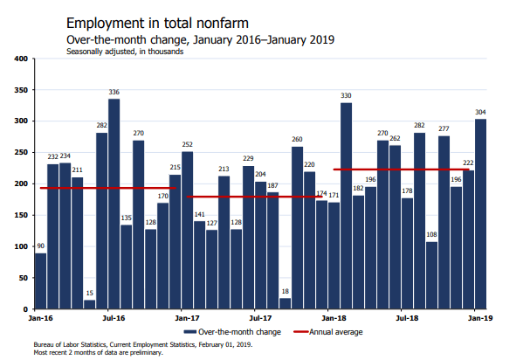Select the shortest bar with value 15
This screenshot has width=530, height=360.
click(x=90, y=305)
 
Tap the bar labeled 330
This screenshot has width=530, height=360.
click(x=347, y=206)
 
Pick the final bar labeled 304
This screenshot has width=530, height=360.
click(x=481, y=214)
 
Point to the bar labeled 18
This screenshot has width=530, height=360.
click(x=286, y=304)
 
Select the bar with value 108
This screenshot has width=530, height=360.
click(x=432, y=276)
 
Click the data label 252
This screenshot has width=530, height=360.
click(x=188, y=143)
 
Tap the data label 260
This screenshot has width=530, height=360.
click(x=298, y=139)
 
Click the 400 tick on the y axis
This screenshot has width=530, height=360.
click(x=23, y=59)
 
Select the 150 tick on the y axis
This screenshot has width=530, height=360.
click(x=23, y=216)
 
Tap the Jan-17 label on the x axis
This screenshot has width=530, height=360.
click(x=187, y=320)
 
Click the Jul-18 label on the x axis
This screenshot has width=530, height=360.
click(x=404, y=320)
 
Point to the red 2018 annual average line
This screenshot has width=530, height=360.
click(x=402, y=170)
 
